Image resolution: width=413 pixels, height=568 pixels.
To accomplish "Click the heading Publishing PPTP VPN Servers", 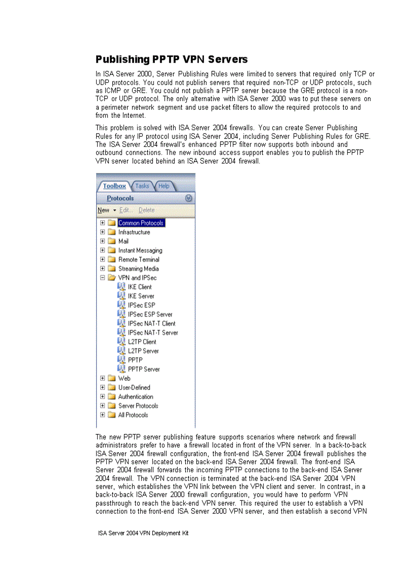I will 172,60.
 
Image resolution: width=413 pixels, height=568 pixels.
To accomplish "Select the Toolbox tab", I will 114,186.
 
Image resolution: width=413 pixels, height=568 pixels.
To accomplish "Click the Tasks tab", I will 142,186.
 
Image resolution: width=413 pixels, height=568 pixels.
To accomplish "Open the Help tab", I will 164,186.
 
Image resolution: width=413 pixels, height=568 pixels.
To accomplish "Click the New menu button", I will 104,210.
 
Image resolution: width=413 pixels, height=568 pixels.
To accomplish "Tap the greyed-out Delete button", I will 147,210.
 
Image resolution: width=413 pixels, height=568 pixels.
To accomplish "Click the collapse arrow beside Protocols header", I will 189,198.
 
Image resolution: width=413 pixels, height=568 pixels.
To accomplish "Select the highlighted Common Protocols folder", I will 141,223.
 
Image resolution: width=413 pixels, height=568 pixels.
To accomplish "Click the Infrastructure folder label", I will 134,232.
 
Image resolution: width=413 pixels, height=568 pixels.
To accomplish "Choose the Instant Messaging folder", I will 140,250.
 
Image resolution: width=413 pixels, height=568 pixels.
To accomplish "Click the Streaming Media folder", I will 138,269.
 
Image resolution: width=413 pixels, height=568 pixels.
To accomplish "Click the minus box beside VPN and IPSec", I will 103,278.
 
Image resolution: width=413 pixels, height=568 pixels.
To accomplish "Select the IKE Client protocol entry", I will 140,287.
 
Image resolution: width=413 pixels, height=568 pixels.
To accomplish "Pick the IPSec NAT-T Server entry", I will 153,332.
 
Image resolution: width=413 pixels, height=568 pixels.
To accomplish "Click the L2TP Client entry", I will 142,341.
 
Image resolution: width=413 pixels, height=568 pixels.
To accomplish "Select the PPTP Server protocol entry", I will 144,369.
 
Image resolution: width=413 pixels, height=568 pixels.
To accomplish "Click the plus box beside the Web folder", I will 103,378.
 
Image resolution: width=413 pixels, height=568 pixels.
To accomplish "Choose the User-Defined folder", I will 134,387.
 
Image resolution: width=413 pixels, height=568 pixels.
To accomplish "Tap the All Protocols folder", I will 133,415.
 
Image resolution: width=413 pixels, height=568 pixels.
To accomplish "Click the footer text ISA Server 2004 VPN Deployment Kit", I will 143,533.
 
